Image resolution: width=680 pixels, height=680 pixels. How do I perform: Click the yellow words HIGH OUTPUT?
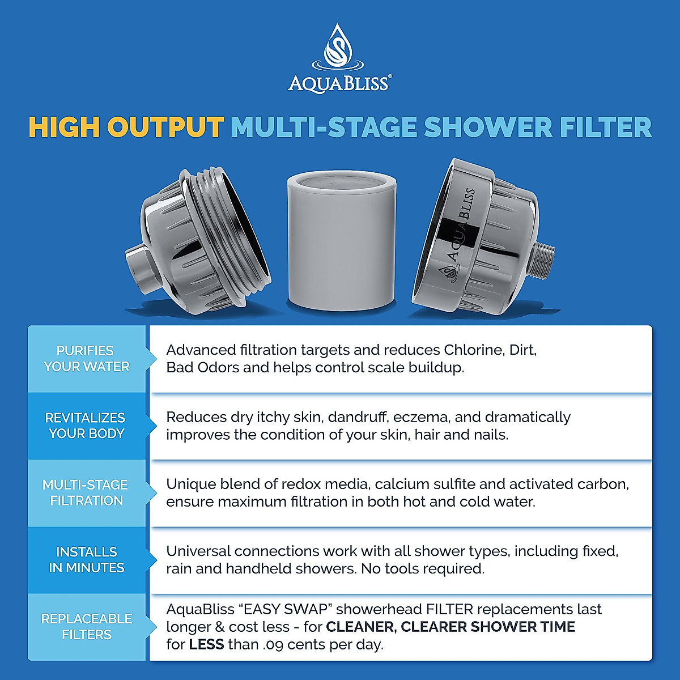click(126, 127)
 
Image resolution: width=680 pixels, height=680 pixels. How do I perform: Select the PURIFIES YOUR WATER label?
click(87, 359)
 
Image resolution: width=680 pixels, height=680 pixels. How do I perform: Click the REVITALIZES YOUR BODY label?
click(86, 426)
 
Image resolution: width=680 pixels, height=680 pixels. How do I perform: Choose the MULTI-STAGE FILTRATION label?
click(86, 492)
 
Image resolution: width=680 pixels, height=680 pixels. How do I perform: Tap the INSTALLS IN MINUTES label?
click(86, 559)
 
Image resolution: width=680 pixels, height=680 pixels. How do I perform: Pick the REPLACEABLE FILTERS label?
click(86, 626)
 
